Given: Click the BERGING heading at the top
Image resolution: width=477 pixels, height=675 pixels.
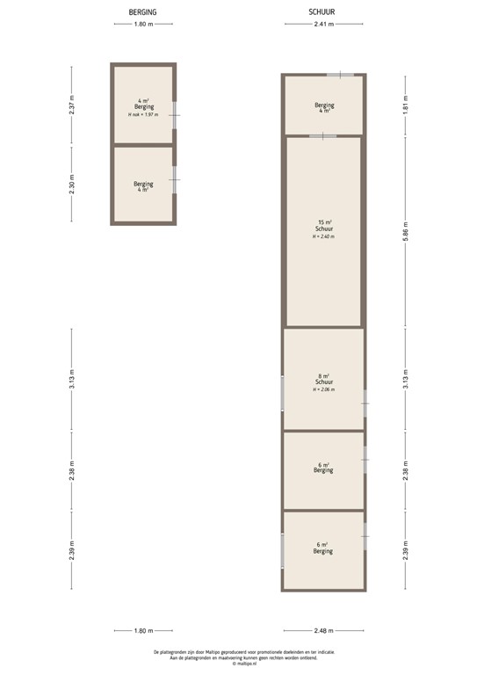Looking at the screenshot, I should pyautogui.click(x=143, y=12).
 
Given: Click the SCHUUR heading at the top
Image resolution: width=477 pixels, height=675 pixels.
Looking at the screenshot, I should pyautogui.click(x=322, y=12).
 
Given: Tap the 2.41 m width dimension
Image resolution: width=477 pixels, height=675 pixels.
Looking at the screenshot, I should pyautogui.click(x=323, y=25).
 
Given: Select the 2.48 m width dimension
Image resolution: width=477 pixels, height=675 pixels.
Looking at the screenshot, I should pyautogui.click(x=323, y=630).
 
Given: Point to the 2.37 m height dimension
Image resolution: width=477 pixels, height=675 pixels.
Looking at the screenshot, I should pyautogui.click(x=73, y=107).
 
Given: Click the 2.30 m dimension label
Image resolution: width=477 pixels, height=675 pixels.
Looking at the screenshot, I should pyautogui.click(x=73, y=185).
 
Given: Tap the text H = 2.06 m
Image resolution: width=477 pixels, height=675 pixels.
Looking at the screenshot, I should pyautogui.click(x=323, y=390).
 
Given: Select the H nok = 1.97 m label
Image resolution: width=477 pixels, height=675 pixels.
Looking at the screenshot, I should pyautogui.click(x=143, y=115).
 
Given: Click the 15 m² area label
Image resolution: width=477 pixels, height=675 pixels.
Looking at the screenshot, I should pyautogui.click(x=323, y=221).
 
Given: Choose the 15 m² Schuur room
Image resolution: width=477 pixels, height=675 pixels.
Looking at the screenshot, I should pyautogui.click(x=323, y=264).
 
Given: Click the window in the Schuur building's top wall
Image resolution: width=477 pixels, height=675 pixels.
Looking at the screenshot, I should pyautogui.click(x=340, y=76).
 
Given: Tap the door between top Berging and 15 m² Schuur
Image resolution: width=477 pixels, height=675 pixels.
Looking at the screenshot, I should pyautogui.click(x=322, y=135).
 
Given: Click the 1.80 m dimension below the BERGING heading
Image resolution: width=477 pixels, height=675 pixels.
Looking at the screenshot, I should pyautogui.click(x=143, y=25).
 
